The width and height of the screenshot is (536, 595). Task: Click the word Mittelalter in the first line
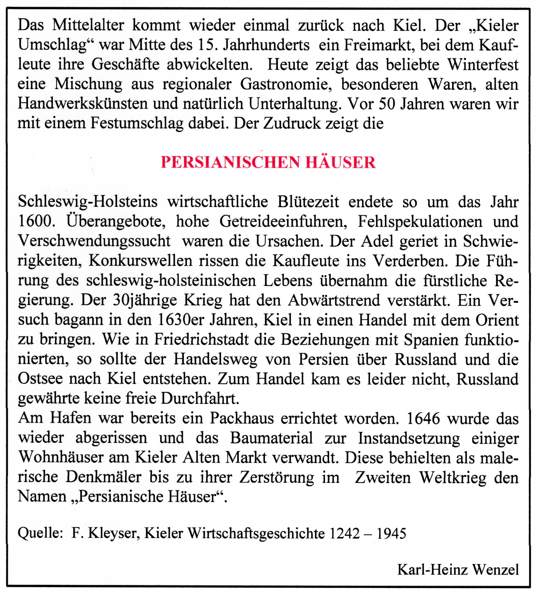(x=88, y=25)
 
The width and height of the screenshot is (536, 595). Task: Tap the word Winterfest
(x=483, y=64)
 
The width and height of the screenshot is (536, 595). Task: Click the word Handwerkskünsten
(x=83, y=104)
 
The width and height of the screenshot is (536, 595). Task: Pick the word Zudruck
(x=292, y=123)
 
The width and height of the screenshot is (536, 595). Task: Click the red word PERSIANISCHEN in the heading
(x=230, y=162)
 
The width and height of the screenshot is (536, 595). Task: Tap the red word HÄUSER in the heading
(x=341, y=162)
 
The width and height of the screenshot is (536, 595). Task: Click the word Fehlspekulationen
(x=420, y=221)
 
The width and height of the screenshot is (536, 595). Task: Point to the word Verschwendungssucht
(x=94, y=241)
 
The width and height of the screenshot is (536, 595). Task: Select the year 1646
(x=423, y=418)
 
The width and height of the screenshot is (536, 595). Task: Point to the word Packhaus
(x=242, y=418)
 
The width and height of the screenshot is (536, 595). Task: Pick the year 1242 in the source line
(x=344, y=533)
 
